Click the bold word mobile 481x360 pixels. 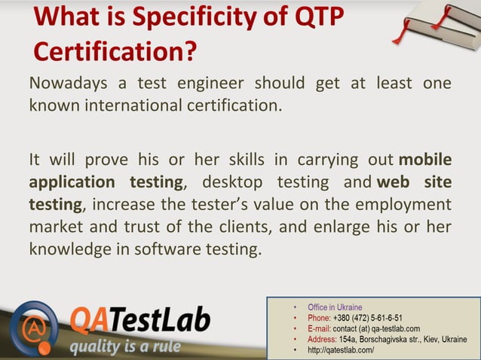[x=425, y=160]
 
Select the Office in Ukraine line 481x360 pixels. [x=335, y=307]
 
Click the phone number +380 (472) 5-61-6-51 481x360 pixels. [x=367, y=318]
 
